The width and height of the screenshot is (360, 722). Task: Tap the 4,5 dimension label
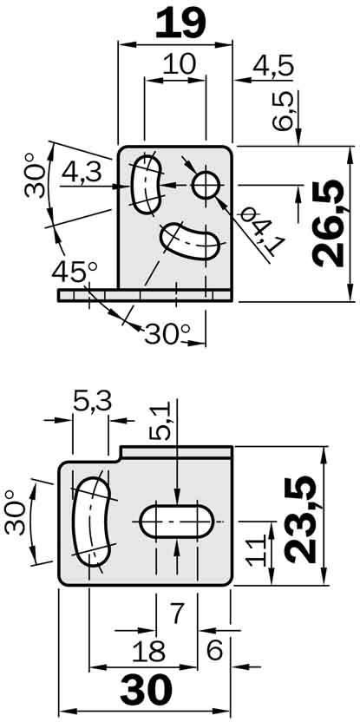coord(270,65)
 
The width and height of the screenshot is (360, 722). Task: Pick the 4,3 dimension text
coord(83,172)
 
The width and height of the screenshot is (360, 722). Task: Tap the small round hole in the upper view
coord(206,185)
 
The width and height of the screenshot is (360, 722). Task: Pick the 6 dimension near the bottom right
coord(213,650)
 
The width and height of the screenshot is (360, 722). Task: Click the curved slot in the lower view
coord(90,519)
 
